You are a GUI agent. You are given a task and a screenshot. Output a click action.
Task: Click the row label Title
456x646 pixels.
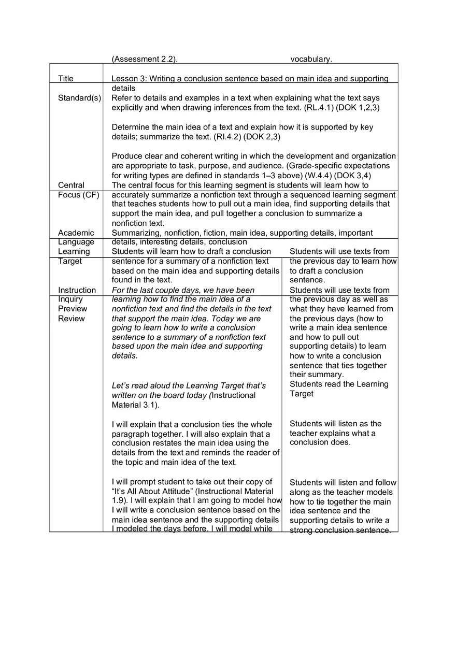66,79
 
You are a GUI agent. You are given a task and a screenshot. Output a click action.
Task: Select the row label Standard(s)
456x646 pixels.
79,98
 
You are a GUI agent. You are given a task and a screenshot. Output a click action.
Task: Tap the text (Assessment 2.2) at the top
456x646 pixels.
145,59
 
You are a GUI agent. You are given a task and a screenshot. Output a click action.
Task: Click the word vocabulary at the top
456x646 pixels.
311,59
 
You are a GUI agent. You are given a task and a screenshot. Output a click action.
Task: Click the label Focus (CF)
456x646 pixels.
78,195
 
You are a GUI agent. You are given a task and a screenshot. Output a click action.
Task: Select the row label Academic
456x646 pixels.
76,233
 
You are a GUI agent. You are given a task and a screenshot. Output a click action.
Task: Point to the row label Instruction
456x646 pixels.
77,290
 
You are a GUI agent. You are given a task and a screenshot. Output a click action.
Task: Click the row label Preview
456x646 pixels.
73,309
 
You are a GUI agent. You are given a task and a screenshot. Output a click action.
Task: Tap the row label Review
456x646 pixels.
71,319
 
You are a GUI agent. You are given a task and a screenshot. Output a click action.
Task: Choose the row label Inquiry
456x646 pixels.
70,299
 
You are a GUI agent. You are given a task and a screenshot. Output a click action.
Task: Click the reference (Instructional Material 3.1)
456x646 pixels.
184,400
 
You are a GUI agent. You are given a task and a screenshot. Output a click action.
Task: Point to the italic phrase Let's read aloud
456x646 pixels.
140,386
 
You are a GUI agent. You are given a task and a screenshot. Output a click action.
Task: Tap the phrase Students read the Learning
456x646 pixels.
339,384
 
